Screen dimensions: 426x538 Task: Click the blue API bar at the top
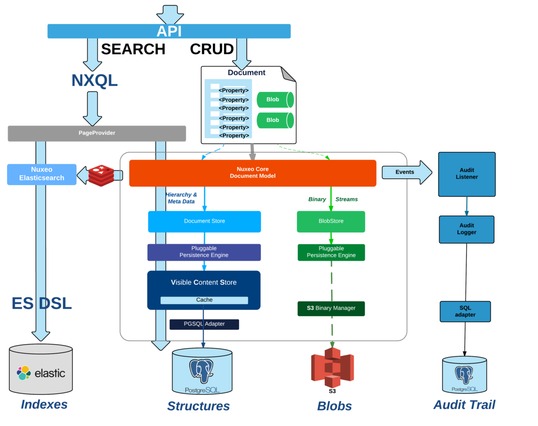click(x=169, y=31)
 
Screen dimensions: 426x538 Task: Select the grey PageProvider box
click(x=97, y=133)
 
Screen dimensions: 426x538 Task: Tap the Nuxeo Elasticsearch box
click(x=42, y=174)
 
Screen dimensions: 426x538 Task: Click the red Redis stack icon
click(x=101, y=175)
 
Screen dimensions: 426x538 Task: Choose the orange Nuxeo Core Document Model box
click(x=252, y=173)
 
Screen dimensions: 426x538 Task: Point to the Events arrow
click(x=406, y=172)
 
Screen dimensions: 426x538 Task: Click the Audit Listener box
click(x=467, y=174)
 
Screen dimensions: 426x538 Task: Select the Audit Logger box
click(x=466, y=229)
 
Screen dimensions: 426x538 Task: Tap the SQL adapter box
click(x=465, y=311)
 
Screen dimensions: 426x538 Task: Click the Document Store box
click(x=204, y=221)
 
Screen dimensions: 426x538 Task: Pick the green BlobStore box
click(x=331, y=221)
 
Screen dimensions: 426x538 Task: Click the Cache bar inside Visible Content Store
click(x=204, y=300)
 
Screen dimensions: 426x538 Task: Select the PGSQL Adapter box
click(x=204, y=324)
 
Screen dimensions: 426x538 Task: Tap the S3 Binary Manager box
click(x=331, y=308)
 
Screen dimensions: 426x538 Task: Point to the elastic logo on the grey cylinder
click(x=41, y=373)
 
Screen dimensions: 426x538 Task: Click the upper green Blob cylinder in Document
click(x=275, y=99)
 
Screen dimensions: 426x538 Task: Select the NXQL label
click(x=94, y=80)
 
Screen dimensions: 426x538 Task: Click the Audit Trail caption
click(x=464, y=405)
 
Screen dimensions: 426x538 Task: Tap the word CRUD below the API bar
click(x=212, y=49)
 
